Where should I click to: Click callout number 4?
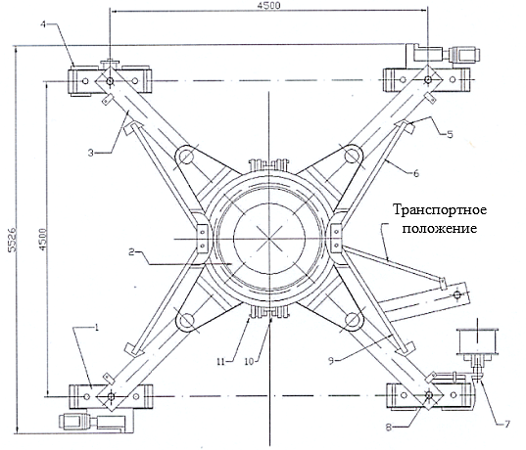43,24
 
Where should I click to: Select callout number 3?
90,153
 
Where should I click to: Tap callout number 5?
450,134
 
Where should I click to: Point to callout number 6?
416,173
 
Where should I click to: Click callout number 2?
132,251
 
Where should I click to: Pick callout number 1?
97,328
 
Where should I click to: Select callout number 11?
220,362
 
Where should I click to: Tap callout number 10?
249,362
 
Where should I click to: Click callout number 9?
331,361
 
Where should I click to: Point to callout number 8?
389,427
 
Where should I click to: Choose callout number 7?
506,425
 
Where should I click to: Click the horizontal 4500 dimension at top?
268,6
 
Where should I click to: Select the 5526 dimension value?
13,240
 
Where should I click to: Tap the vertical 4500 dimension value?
42,240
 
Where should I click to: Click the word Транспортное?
440,210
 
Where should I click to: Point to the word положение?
440,229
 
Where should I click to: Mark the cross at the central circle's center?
269,239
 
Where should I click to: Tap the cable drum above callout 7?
477,340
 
